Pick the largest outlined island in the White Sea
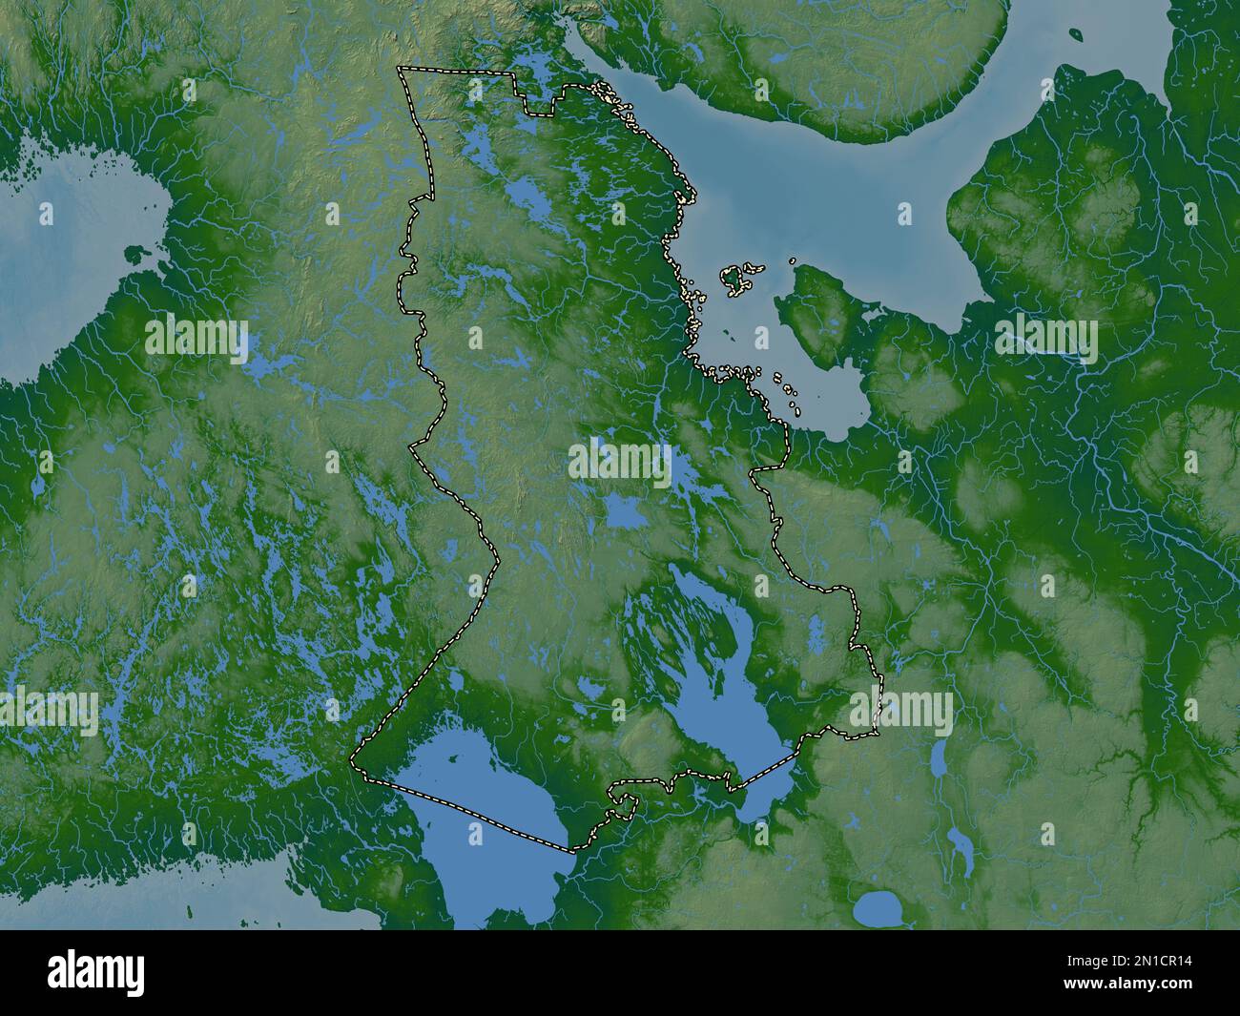point(735,278)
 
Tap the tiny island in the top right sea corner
point(1075,36)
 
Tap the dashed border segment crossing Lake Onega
point(763,772)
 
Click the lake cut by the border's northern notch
point(532,72)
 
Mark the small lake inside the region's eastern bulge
point(816,630)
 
